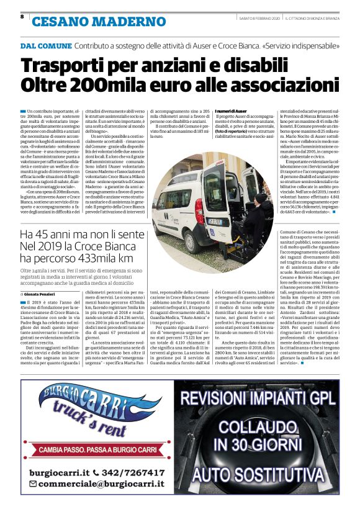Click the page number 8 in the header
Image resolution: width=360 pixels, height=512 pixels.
(x=22, y=17)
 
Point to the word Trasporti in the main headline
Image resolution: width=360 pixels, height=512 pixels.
(x=69, y=65)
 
